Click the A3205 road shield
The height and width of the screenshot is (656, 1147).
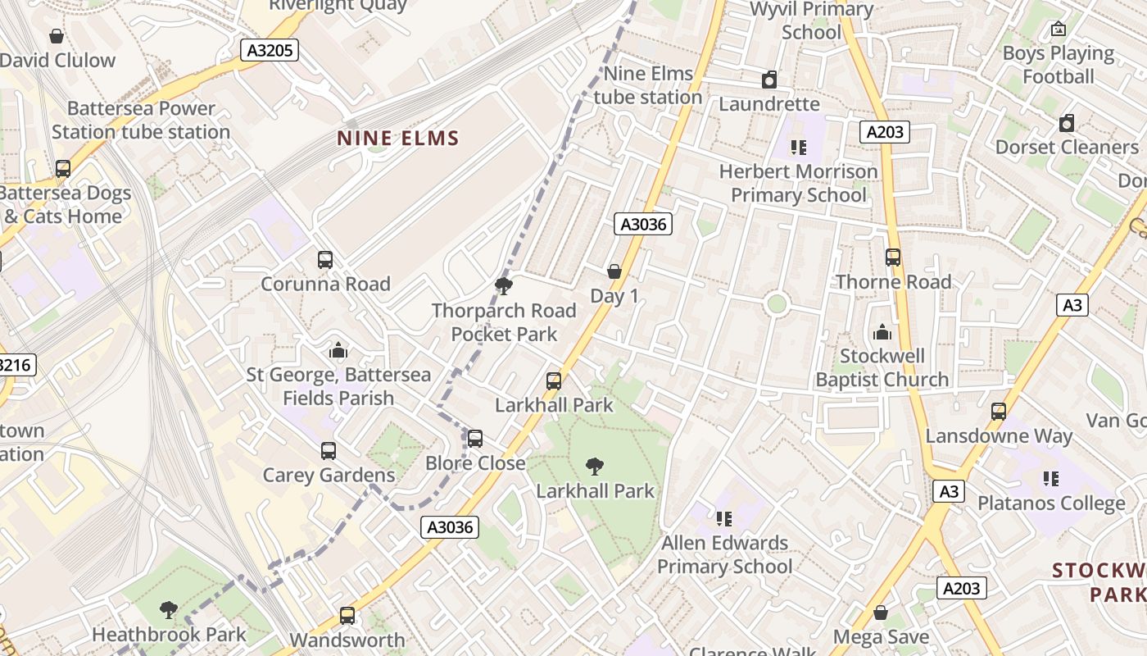(x=270, y=51)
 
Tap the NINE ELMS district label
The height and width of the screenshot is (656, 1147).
(x=398, y=138)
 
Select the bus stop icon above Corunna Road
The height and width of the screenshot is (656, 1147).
(x=325, y=260)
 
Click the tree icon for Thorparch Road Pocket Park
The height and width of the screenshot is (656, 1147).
(x=504, y=286)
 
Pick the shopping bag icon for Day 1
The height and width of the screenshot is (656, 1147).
(x=614, y=271)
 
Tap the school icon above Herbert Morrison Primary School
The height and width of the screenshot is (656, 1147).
(x=798, y=148)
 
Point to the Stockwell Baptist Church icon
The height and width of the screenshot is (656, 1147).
(x=882, y=332)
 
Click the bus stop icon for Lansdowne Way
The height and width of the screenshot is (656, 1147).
(x=999, y=412)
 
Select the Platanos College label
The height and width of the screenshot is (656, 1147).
(x=1051, y=503)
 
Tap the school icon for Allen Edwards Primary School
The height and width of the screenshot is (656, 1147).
(x=723, y=518)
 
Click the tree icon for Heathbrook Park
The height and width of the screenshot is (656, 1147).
(x=169, y=610)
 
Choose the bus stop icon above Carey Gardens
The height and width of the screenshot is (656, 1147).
(x=329, y=451)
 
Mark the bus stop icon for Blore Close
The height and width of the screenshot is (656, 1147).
(x=475, y=439)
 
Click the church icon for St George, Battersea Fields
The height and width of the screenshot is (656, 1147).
(x=338, y=351)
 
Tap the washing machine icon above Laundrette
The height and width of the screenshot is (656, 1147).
(x=768, y=80)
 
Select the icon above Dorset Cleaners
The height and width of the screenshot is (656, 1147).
(x=1066, y=124)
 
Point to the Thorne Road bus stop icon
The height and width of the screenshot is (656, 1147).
(x=893, y=257)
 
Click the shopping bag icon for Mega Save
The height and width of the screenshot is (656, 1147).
(x=881, y=613)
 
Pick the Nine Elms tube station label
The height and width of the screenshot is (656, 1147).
(x=648, y=85)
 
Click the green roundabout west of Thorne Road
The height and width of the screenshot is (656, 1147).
(x=777, y=304)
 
